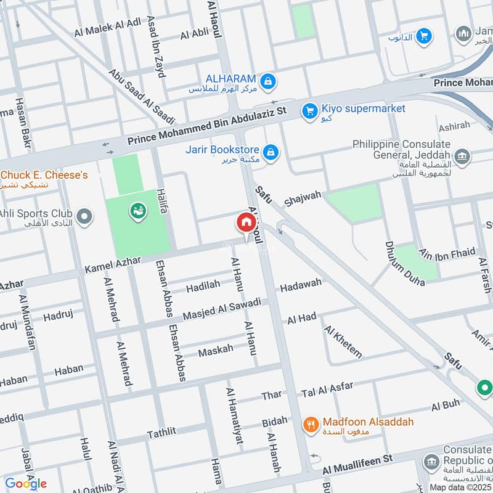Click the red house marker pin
(x=246, y=222)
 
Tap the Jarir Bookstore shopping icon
(x=270, y=151)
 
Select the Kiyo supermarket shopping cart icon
(x=309, y=111)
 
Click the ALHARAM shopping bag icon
(x=267, y=81)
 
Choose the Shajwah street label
(x=303, y=198)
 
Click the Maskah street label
(x=216, y=349)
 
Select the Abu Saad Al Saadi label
(x=142, y=95)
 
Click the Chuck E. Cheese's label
(x=44, y=176)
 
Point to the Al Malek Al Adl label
(x=108, y=25)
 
